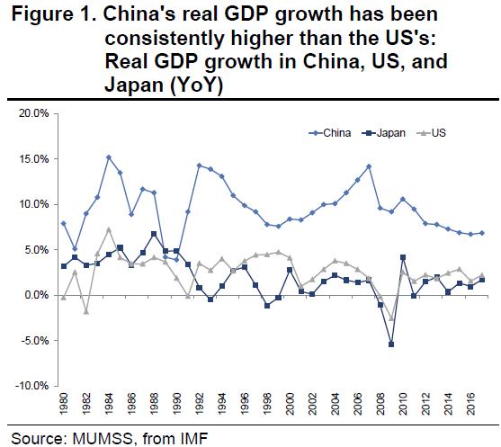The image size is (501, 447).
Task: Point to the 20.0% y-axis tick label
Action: point(34,113)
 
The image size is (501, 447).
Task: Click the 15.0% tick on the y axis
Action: point(34,159)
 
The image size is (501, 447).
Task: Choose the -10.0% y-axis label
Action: point(32,387)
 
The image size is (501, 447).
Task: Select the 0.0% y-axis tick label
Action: point(36,296)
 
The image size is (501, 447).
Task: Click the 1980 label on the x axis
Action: point(62,410)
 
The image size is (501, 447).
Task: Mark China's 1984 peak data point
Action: point(109,157)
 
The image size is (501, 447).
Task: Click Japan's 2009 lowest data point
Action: point(391,344)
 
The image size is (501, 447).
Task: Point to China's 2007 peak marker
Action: point(368,166)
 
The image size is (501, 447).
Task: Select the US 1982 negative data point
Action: point(85,312)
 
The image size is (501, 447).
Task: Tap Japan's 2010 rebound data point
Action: point(403,257)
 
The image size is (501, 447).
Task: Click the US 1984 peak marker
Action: point(109,229)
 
